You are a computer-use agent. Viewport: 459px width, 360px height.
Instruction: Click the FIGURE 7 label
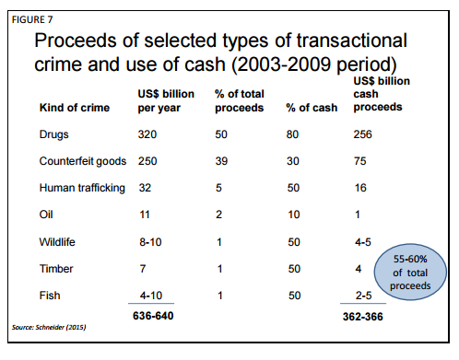point(32,19)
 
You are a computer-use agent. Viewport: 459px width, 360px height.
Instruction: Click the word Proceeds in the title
point(76,41)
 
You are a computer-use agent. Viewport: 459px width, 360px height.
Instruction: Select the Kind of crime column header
point(75,108)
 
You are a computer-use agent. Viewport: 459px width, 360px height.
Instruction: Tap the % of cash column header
point(312,108)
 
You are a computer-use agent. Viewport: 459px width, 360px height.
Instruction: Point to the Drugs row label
point(53,134)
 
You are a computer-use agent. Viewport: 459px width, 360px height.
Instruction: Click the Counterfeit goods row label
point(83,161)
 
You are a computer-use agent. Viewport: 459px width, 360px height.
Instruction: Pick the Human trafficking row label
point(82,188)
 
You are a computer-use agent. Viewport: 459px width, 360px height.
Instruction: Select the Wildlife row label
point(57,242)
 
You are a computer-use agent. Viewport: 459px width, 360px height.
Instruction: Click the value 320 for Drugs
point(147,134)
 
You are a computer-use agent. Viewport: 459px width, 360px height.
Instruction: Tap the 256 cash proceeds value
point(362,134)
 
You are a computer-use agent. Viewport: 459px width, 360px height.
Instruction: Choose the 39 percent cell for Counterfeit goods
point(221,161)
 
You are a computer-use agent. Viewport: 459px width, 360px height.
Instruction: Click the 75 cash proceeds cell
point(360,161)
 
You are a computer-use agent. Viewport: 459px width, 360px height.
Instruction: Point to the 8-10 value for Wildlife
point(150,242)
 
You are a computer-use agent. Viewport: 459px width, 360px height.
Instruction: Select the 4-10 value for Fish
point(151,296)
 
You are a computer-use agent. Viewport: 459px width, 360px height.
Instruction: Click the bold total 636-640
point(153,316)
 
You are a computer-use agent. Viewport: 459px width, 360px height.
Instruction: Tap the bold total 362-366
point(363,317)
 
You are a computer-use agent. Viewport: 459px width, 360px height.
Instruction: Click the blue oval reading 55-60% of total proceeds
point(410,272)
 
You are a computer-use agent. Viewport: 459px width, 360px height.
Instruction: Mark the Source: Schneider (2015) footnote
point(49,327)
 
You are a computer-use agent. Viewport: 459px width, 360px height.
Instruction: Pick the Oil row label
point(46,215)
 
